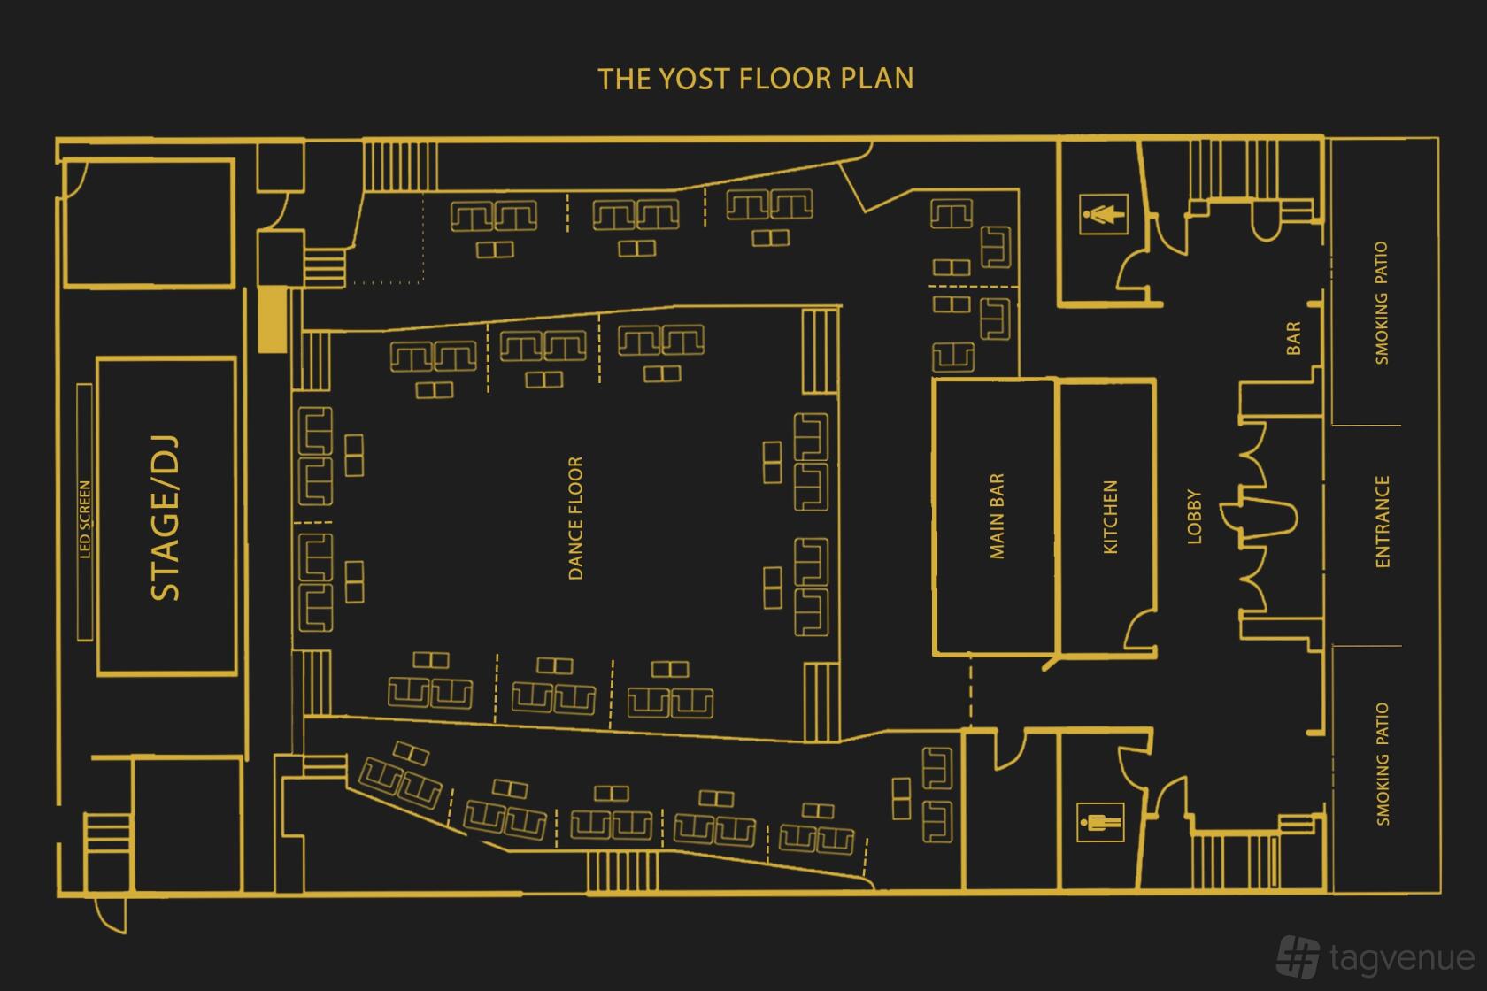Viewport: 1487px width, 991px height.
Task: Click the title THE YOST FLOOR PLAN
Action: tap(756, 79)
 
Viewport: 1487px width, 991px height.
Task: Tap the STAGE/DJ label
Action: tap(166, 518)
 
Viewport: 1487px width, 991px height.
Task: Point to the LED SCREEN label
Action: tap(85, 519)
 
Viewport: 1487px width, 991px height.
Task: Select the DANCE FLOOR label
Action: tap(575, 518)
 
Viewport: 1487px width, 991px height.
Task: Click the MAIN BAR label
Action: tap(997, 516)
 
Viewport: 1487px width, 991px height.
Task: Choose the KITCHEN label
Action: tap(1110, 517)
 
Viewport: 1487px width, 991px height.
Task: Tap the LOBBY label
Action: tap(1194, 517)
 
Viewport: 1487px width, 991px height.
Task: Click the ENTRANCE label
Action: tap(1383, 522)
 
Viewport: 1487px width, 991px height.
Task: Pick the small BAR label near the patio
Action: tap(1293, 339)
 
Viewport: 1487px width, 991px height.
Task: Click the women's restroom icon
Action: tap(1103, 214)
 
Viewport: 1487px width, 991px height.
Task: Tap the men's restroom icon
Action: tap(1100, 822)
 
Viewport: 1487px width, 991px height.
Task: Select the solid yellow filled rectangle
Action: tap(273, 319)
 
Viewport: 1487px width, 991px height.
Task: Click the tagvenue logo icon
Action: tap(1298, 956)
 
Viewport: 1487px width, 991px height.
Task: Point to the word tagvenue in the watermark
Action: tap(1402, 958)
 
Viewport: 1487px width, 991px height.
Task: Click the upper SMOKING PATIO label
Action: tap(1382, 303)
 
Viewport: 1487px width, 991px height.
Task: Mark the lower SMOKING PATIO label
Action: tap(1383, 764)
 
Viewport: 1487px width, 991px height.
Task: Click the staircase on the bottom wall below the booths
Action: tap(622, 872)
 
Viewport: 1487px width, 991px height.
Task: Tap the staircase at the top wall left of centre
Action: tap(400, 166)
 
